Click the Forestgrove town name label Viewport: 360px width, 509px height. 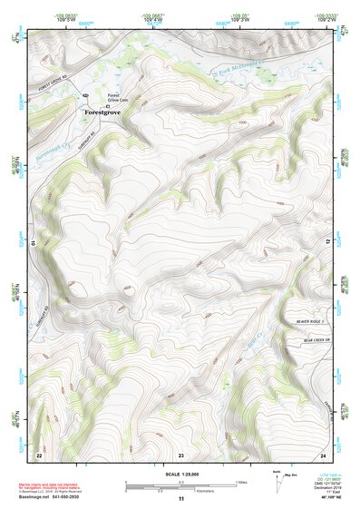(x=102, y=113)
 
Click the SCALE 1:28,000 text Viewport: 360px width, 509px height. (x=181, y=473)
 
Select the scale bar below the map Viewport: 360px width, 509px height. (x=181, y=484)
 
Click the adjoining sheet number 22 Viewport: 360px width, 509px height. (x=38, y=454)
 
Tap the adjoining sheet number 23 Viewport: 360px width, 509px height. (x=180, y=454)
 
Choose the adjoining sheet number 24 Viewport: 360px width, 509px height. (x=322, y=454)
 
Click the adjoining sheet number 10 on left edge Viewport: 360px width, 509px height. (x=33, y=243)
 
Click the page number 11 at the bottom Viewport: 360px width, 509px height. (x=180, y=499)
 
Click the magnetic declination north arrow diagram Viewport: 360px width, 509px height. (x=277, y=476)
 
